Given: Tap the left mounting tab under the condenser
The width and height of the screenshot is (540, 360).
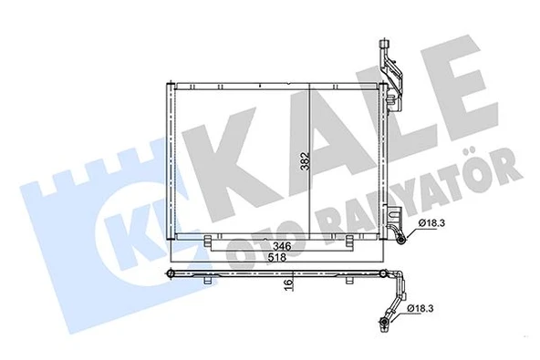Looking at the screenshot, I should pyautogui.click(x=211, y=242).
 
